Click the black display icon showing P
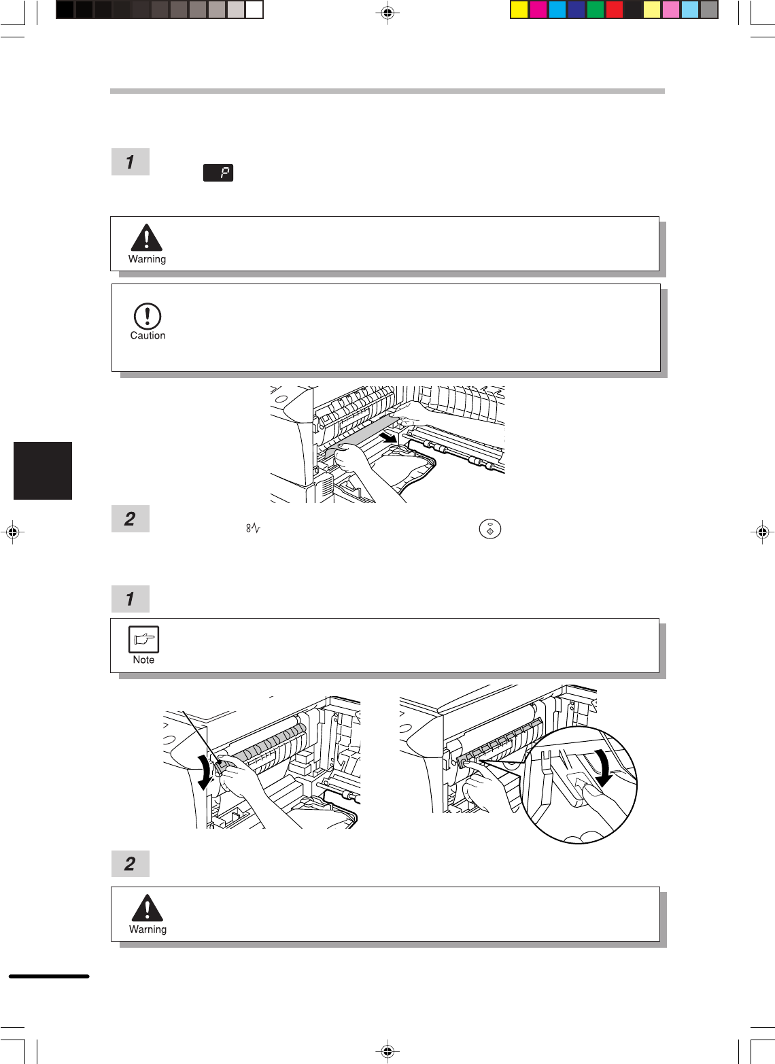218,173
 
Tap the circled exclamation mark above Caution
148,316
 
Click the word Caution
148,335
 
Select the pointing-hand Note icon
143,639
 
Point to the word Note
143,659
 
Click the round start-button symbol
490,529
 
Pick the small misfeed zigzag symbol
253,528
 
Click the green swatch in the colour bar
595,10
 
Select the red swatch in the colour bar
614,10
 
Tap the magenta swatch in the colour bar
538,10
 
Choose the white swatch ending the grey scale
254,10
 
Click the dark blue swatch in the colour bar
576,10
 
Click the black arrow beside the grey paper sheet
388,436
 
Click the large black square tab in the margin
43,470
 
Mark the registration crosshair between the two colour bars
387,13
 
